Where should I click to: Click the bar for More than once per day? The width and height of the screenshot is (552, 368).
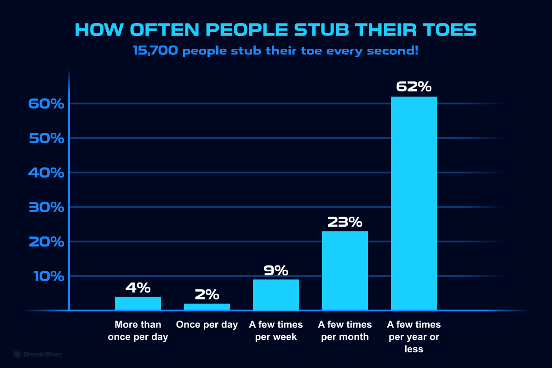point(138,303)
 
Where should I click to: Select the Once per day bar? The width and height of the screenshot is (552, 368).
point(207,307)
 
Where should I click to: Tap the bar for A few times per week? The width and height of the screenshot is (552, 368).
point(276,295)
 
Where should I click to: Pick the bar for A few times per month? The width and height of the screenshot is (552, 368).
point(345,270)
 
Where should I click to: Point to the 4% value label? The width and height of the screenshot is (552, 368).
point(138,288)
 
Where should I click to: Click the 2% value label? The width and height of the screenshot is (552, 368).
point(207,295)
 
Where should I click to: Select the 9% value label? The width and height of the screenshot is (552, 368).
point(276,270)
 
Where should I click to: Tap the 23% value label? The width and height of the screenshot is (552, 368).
point(345,222)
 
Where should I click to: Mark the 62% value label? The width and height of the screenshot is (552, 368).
point(414,87)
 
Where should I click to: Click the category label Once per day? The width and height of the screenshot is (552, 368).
point(207,325)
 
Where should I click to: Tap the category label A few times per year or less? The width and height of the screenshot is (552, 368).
point(414,337)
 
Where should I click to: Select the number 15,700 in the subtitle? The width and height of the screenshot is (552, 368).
point(156,51)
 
